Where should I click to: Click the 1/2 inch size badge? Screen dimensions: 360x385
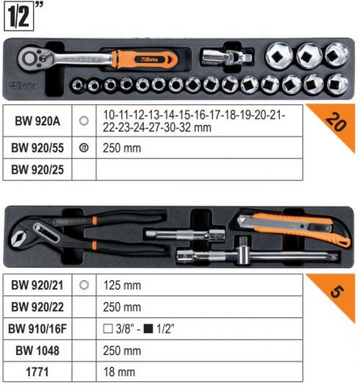tap(19, 16)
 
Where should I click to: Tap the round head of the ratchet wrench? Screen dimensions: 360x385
tap(30, 59)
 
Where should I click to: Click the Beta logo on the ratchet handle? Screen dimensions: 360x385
tap(150, 59)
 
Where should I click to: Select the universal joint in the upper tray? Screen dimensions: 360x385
tap(226, 57)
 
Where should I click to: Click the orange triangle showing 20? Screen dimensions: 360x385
tap(337, 122)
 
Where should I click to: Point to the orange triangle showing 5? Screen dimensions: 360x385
tap(337, 291)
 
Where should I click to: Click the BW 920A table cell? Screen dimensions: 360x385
tap(37, 121)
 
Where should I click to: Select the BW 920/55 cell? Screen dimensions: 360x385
tap(37, 148)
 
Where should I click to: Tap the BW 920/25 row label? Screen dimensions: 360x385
tap(37, 169)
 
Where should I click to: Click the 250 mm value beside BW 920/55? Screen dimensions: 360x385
tap(122, 148)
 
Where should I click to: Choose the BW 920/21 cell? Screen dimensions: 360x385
tap(37, 285)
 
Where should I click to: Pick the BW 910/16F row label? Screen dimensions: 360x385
tap(37, 329)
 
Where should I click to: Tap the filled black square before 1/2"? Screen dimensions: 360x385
tap(148, 329)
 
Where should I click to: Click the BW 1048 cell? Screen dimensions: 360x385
tap(37, 351)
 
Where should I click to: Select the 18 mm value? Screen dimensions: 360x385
tap(119, 372)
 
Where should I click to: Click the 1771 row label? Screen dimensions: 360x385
tap(37, 372)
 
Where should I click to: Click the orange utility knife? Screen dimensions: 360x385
tap(293, 229)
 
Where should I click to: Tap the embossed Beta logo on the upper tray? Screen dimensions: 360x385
tap(23, 86)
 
